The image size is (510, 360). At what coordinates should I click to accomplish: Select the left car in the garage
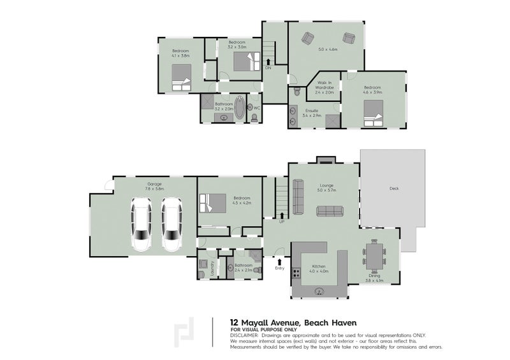pyautogui.click(x=142, y=224)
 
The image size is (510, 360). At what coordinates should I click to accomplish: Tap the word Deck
pyautogui.click(x=393, y=189)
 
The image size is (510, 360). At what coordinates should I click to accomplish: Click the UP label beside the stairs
pyautogui.click(x=281, y=221)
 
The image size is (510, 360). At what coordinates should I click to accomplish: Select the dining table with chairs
pyautogui.click(x=374, y=257)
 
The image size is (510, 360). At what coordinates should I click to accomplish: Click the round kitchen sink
pyautogui.click(x=321, y=292)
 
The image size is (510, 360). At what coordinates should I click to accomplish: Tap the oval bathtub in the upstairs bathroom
pyautogui.click(x=240, y=108)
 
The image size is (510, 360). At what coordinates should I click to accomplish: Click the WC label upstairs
pyautogui.click(x=256, y=107)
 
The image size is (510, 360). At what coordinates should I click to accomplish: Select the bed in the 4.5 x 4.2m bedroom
pyautogui.click(x=213, y=203)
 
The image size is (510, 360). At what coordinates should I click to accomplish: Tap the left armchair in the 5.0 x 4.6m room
pyautogui.click(x=309, y=38)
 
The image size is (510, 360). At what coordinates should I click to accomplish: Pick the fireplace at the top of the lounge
pyautogui.click(x=326, y=159)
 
